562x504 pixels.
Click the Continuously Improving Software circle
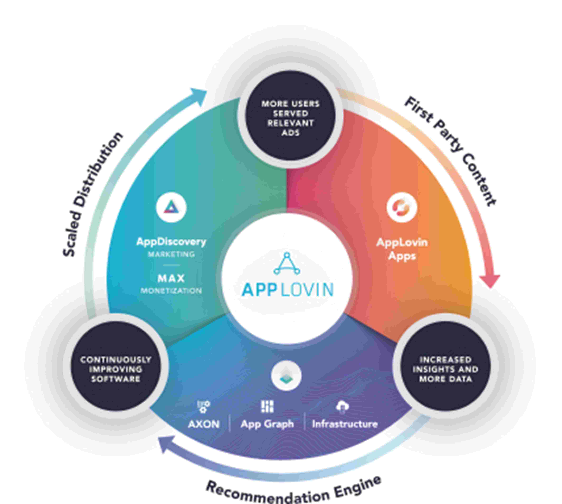click(x=116, y=369)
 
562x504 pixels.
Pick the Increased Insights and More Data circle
click(x=445, y=369)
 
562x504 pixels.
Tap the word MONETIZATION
click(x=171, y=291)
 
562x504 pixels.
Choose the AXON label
click(x=204, y=424)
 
